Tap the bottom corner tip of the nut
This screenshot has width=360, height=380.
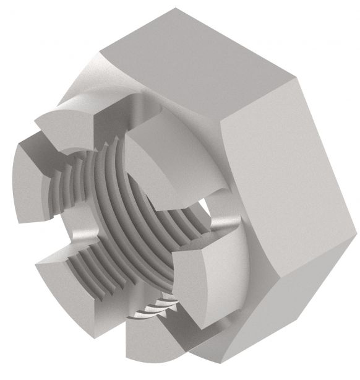pos(186,371)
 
